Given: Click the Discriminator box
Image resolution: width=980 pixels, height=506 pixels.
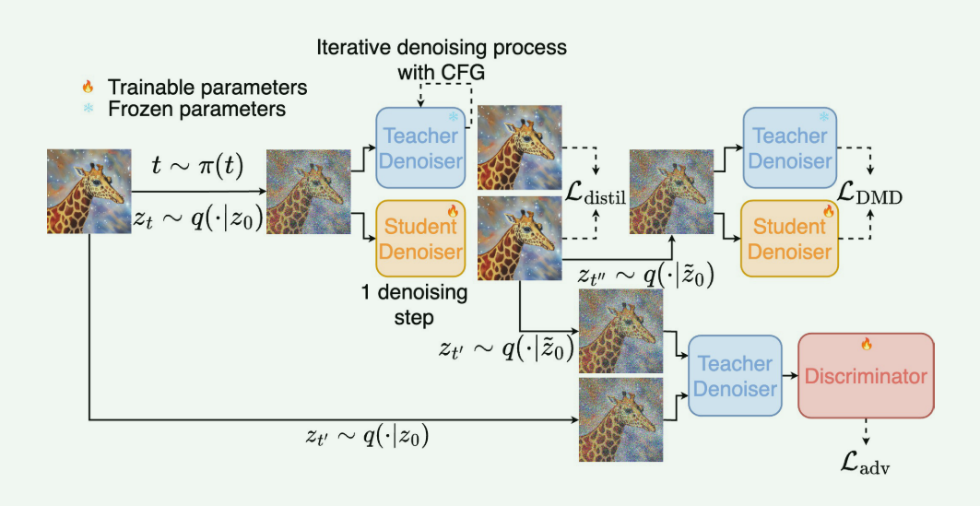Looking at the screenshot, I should tap(866, 376).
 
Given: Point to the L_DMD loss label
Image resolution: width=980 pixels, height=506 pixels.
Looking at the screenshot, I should tap(870, 194).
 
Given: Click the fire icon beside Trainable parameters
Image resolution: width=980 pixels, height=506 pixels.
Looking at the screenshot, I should tap(88, 88).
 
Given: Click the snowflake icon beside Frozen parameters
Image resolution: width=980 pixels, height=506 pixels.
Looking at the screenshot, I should tap(88, 110).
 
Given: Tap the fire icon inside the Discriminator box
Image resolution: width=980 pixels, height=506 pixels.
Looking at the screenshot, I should tap(866, 344).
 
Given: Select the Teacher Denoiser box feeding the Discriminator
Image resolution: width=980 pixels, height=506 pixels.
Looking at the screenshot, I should tap(735, 376).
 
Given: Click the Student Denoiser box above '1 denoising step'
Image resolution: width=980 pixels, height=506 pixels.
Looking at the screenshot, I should tap(420, 239).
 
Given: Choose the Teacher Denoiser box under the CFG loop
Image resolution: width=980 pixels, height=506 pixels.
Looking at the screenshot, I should tap(420, 147).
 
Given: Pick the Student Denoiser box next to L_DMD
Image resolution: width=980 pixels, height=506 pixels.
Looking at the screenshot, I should tap(790, 239).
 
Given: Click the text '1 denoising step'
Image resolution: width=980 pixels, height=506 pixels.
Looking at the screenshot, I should tap(416, 303).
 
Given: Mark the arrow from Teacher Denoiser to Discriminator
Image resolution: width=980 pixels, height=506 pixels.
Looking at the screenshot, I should tap(789, 376).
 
